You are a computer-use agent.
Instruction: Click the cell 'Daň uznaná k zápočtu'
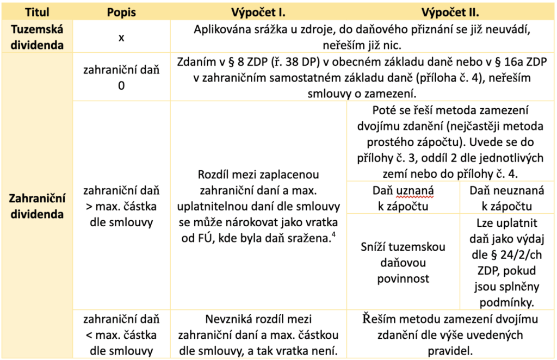(x=402, y=198)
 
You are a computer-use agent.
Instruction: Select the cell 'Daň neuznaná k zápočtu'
(x=500, y=198)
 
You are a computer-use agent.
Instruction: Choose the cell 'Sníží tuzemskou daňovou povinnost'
(x=402, y=263)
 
